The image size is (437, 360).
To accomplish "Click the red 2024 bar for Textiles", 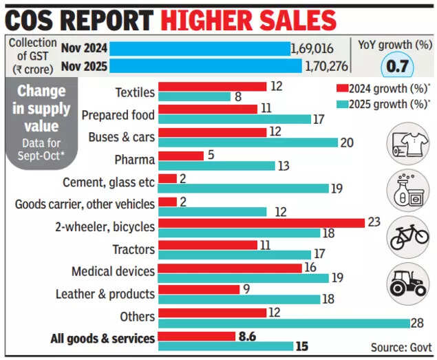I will [212, 87].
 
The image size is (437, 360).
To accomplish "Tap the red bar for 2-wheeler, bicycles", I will [261, 222].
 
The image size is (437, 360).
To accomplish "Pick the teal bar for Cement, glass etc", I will [244, 188].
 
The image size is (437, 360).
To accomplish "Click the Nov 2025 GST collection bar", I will [206, 66].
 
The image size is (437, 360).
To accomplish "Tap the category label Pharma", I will [134, 160].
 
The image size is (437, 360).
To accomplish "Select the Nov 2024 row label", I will [83, 48].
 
